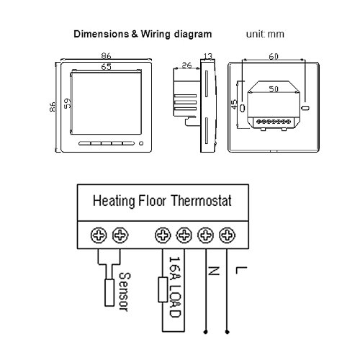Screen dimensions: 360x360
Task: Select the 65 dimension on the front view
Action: tap(105, 66)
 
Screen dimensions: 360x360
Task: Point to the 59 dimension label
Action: tap(68, 103)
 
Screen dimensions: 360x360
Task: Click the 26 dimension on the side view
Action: tap(186, 66)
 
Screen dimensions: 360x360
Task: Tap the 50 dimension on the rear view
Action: tap(273, 89)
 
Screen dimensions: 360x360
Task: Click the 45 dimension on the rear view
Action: tap(235, 105)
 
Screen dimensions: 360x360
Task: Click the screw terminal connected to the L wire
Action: tap(227, 235)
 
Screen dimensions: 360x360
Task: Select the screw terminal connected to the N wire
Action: tap(206, 235)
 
